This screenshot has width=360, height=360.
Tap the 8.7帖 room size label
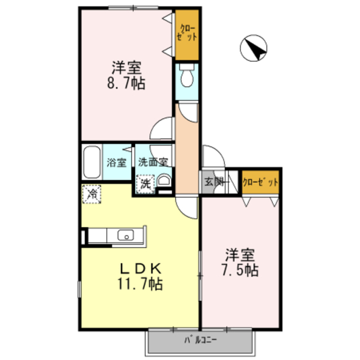click(x=126, y=84)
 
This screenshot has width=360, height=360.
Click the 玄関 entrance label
click(x=214, y=182)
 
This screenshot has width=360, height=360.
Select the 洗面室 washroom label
click(x=153, y=163)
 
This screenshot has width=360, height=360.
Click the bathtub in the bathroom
click(x=92, y=163)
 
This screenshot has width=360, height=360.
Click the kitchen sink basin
click(x=125, y=236)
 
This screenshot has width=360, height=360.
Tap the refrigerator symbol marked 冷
click(x=91, y=194)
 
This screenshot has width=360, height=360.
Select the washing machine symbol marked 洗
click(x=146, y=183)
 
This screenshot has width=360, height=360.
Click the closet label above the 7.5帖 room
click(x=260, y=182)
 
